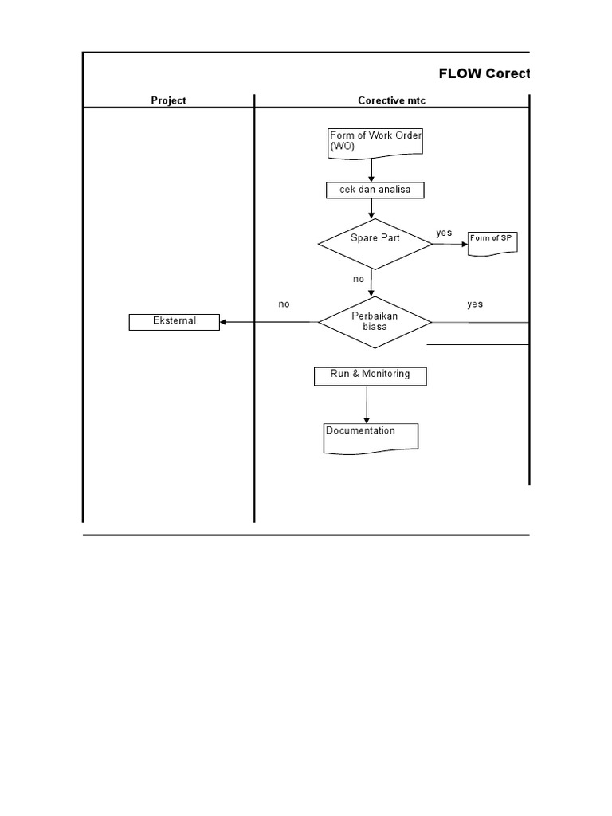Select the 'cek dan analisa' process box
[375, 190]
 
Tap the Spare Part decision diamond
[375, 243]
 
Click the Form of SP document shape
[492, 241]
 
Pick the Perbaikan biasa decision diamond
[375, 322]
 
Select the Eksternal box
[175, 322]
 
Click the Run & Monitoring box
[370, 375]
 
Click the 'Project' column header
[169, 100]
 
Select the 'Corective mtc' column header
[391, 100]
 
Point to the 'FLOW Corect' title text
[484, 74]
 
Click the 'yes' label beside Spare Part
[444, 233]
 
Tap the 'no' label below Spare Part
[359, 280]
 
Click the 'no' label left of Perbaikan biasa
[284, 304]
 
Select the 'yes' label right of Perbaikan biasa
[475, 304]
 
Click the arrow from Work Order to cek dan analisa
[371, 170]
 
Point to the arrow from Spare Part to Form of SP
[450, 244]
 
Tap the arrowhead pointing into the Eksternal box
[224, 322]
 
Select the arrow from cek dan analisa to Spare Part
[372, 208]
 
